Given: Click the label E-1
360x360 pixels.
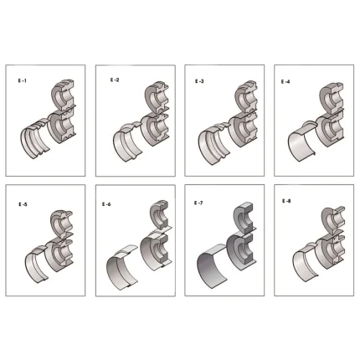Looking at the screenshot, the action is [23, 81].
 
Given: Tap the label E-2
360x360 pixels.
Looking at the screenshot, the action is [115, 80].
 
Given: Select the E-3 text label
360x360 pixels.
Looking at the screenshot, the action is [199, 81].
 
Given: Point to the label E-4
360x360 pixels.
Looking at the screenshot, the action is [285, 81].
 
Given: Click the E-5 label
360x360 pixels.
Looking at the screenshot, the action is [23, 204].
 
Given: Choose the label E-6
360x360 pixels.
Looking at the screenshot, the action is [106, 204].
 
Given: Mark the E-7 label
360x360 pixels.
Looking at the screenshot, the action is [198, 203].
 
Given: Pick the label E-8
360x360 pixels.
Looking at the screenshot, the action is [286, 201].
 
